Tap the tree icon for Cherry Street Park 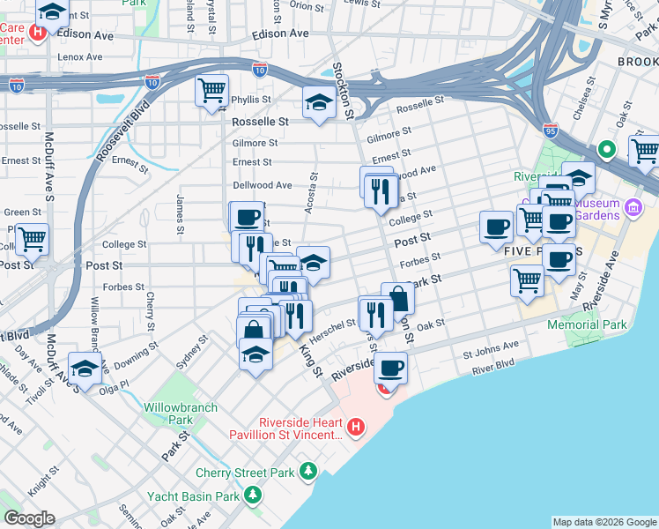click(x=307, y=473)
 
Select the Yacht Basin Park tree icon click(x=253, y=496)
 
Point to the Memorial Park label click(x=587, y=324)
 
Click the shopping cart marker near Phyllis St click(x=211, y=91)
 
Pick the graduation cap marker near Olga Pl click(x=85, y=368)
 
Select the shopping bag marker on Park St click(x=398, y=298)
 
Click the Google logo click(x=29, y=518)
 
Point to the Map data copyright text click(x=603, y=522)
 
